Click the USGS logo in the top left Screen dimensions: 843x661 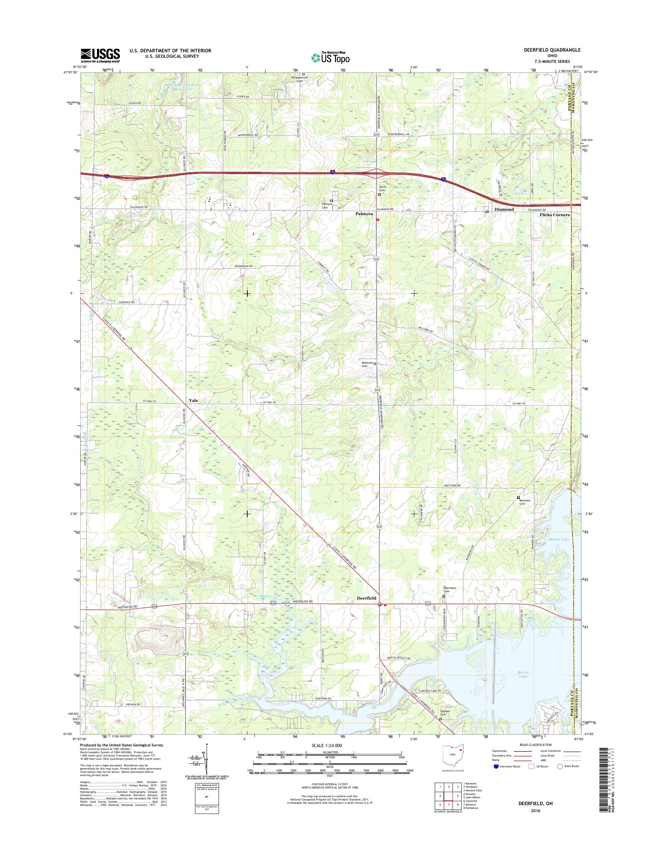[x=100, y=55]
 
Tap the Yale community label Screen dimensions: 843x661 [x=193, y=400]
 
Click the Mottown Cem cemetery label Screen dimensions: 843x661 [x=525, y=502]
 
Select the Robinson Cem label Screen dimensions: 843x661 [x=367, y=364]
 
